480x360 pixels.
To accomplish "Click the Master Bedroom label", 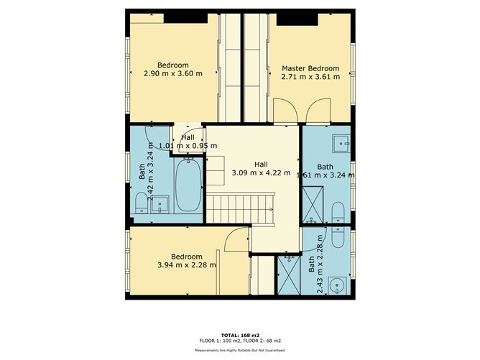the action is pos(310,68).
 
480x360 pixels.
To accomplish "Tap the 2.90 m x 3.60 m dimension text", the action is pos(173,73).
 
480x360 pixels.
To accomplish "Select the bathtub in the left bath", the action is pos(188,185).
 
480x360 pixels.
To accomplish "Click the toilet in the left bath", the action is pos(142,203).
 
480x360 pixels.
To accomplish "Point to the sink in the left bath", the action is pos(160,204).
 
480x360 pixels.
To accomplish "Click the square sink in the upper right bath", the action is pos(341,143).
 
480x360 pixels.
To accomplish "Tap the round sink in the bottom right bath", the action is pos(337,285).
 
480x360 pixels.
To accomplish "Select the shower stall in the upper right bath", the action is pos(313,205).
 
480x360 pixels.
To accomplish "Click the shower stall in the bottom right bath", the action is pos(289,275).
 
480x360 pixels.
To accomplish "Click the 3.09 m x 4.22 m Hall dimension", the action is pos(261,173).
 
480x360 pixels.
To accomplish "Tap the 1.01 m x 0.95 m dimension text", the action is pos(188,146).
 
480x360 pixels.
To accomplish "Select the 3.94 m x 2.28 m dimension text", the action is pos(187,265).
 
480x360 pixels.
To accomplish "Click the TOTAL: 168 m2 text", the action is pos(240,335).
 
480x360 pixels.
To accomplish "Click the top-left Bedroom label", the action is pos(173,65).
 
